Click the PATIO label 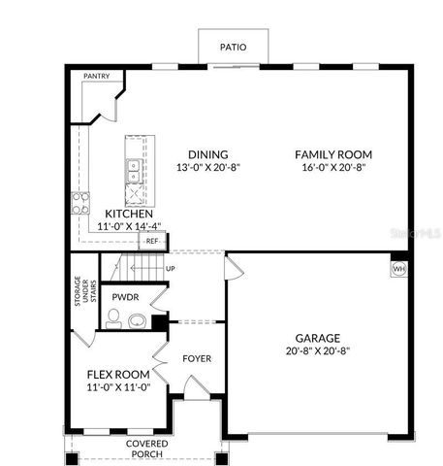coord(233,46)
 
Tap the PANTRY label coord(96,76)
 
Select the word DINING coord(208,154)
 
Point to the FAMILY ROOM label coord(333,154)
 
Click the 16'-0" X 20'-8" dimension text coord(333,167)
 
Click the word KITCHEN coord(129,213)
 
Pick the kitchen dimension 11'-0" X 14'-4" coord(129,225)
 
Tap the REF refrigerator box coord(152,240)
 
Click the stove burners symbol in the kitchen coord(79,204)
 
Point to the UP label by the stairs coord(171,268)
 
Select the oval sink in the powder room coord(136,321)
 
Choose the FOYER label coord(197,358)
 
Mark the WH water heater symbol coord(397,268)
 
